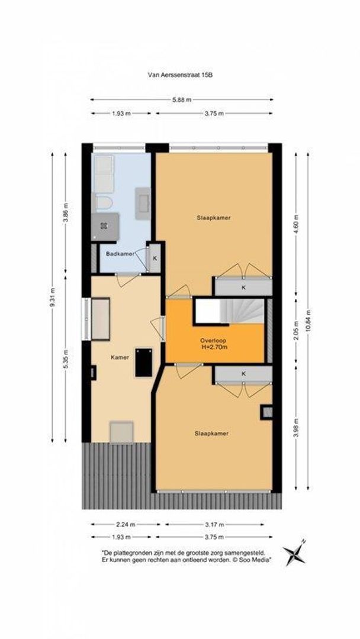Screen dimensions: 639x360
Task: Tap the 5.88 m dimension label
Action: coord(182,100)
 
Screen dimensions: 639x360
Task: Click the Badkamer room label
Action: coord(119,254)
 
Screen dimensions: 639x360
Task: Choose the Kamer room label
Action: coord(120,357)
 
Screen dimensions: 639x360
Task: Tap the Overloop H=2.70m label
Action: coord(213,344)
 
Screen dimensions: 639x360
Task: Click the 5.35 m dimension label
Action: coord(65,358)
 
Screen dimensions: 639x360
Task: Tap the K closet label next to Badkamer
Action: coord(155,259)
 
